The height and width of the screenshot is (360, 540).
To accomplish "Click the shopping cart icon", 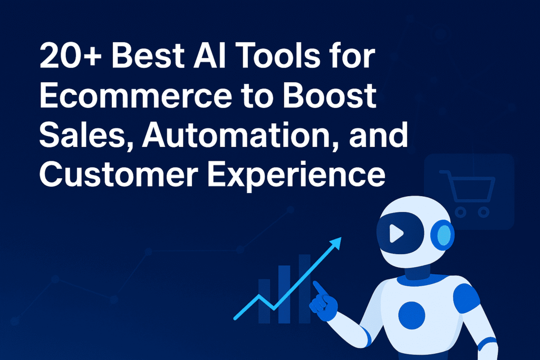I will click(467, 192).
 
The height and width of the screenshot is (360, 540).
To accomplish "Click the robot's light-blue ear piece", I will click(444, 233).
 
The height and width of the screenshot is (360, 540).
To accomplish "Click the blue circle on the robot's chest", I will click(411, 316).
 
